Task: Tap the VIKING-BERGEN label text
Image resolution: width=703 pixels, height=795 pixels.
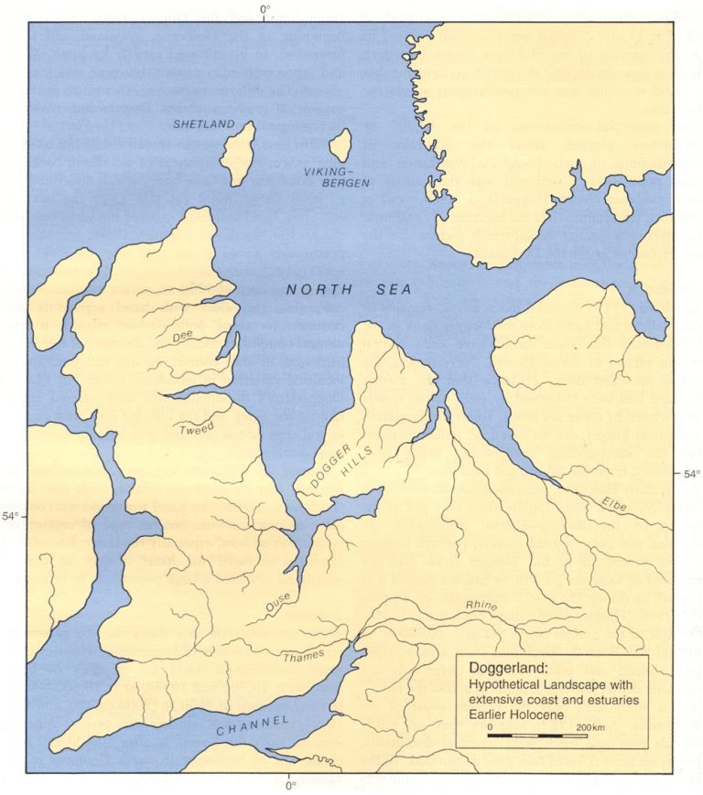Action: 339,177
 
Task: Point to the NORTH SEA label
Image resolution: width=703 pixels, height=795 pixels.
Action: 348,290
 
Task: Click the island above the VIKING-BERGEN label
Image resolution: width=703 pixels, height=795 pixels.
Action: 341,145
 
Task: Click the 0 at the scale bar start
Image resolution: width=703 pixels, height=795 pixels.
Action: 491,725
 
